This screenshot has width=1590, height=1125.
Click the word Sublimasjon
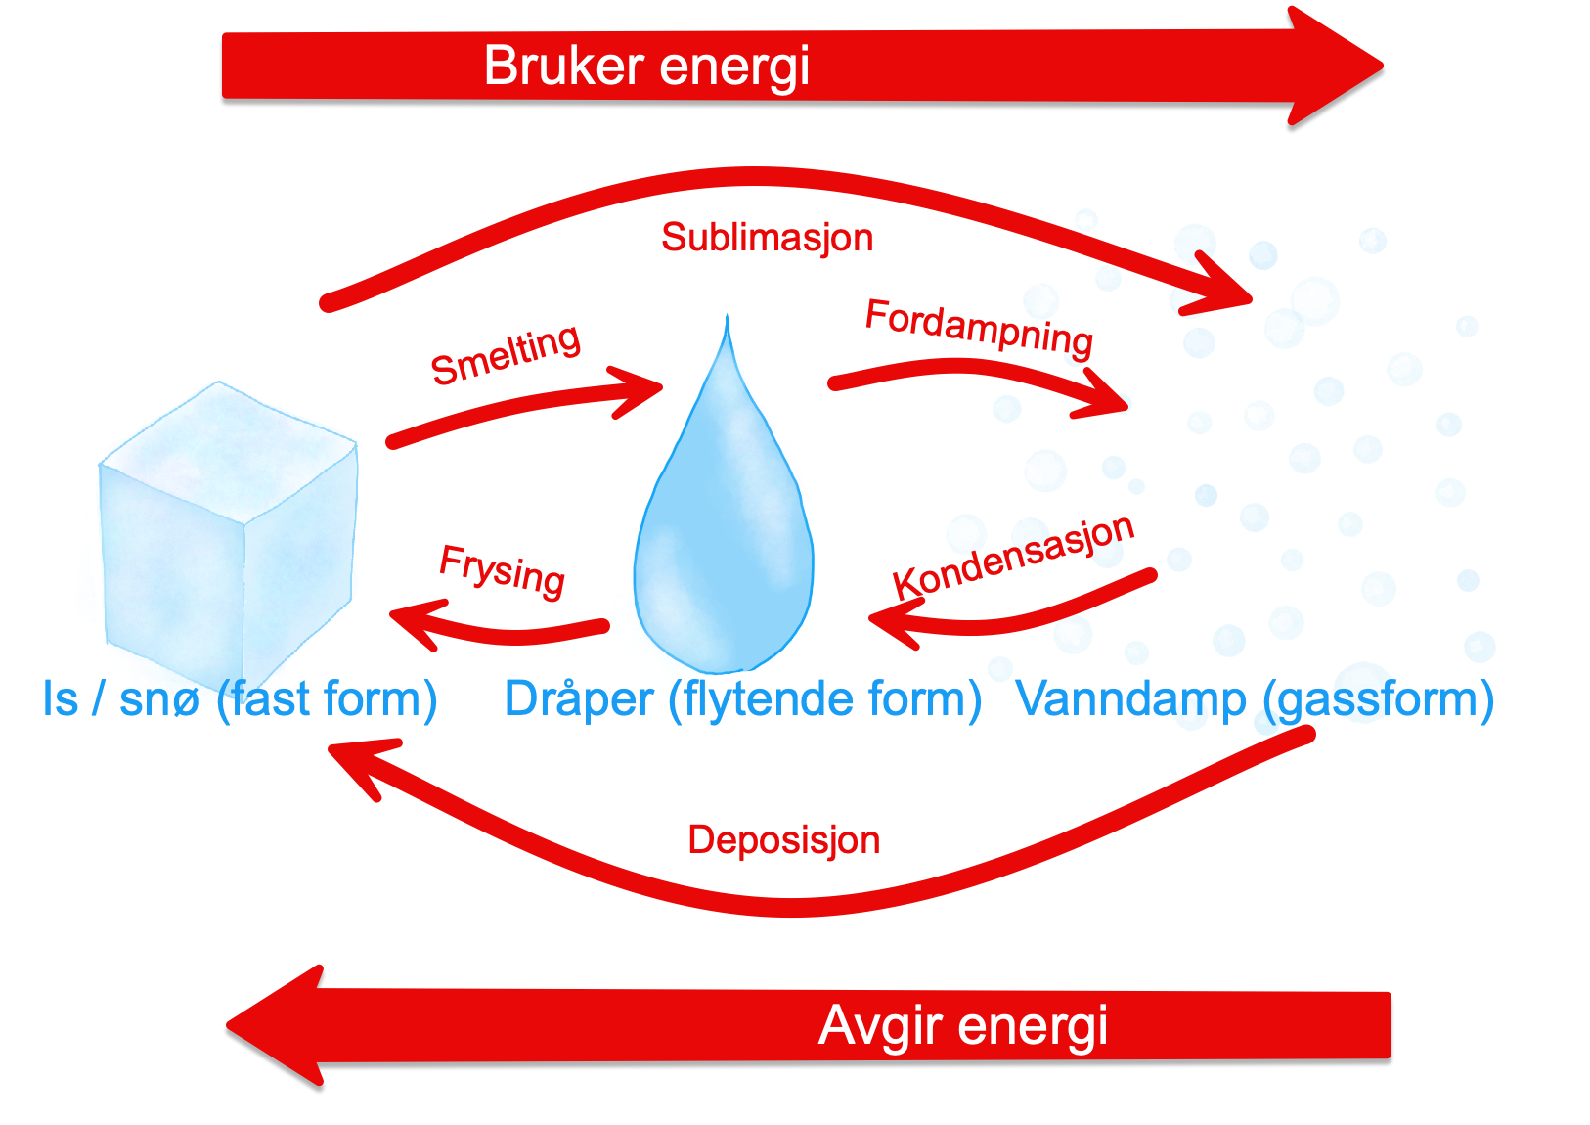tap(767, 238)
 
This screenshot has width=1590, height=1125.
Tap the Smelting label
tap(506, 355)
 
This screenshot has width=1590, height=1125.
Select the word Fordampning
tap(979, 328)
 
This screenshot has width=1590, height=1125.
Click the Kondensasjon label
tap(1013, 555)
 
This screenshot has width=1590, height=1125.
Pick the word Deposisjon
tap(783, 840)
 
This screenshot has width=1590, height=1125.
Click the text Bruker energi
tap(646, 67)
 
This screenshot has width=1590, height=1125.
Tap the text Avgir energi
tap(963, 1026)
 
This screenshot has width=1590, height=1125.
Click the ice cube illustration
tap(229, 528)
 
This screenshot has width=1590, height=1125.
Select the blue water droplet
tap(724, 548)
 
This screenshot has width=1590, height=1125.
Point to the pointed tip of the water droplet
tap(727, 319)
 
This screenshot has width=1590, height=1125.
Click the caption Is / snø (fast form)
tap(240, 699)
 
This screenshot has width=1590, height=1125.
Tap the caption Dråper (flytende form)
tap(742, 699)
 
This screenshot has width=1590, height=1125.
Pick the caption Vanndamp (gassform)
tap(1255, 699)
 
